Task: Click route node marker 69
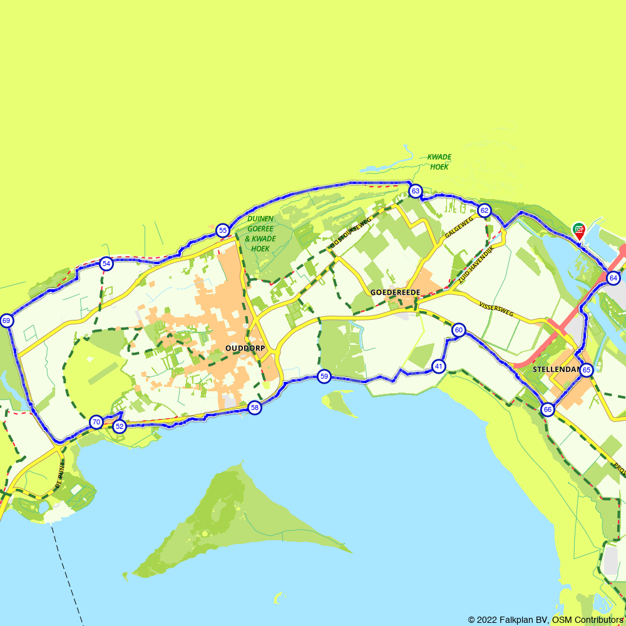point(6,321)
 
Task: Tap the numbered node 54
point(106,264)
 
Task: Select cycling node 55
point(223,230)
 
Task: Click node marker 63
point(415,190)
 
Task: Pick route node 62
point(484,210)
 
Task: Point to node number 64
point(613,278)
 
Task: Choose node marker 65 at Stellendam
point(586,370)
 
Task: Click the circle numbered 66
point(548,409)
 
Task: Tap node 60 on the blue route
point(459,330)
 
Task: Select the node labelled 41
point(439,366)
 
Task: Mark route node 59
point(324,376)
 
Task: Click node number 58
point(254,408)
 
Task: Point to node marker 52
point(120,426)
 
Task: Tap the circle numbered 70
point(96,422)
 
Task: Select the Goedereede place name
point(395,292)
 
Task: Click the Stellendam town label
point(553,369)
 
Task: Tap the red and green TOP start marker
point(578,230)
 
